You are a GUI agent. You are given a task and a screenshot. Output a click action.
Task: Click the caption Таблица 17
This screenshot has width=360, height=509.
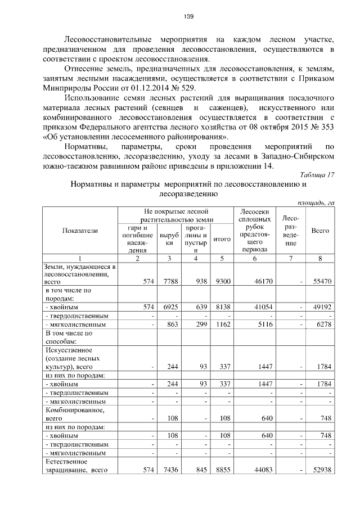[317, 174]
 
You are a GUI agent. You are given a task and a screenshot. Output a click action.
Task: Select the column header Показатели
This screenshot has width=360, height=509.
[80, 231]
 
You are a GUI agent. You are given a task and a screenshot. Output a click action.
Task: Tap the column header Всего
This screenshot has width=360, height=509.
[320, 231]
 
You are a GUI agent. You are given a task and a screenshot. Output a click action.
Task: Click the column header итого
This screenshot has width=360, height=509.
[223, 239]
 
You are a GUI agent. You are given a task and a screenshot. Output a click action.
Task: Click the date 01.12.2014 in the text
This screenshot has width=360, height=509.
[158, 89]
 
